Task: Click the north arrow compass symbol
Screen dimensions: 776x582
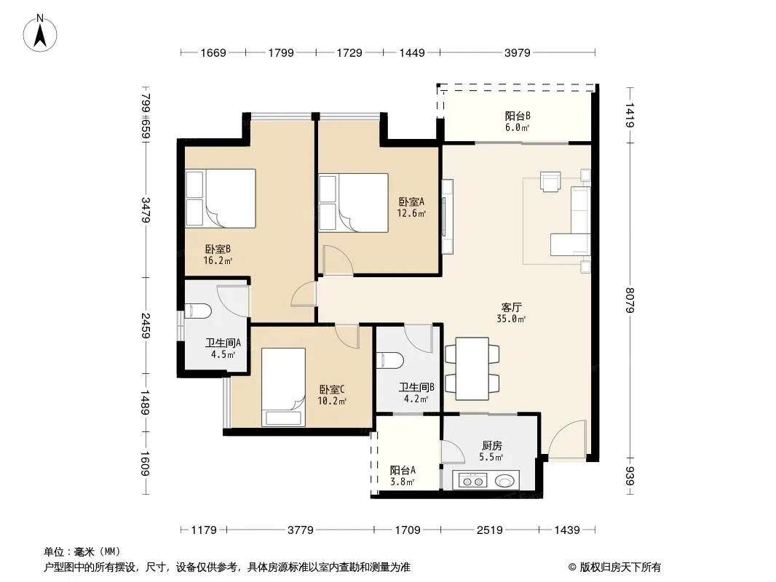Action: [x=40, y=33]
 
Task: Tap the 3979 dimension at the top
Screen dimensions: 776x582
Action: [x=517, y=52]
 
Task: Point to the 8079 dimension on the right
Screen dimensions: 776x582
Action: [x=630, y=300]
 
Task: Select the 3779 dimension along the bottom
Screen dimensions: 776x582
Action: [x=301, y=530]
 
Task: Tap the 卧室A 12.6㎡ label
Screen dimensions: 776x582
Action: [x=411, y=207]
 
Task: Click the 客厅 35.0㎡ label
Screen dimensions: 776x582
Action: [x=511, y=313]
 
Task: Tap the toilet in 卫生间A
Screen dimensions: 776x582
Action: [x=198, y=311]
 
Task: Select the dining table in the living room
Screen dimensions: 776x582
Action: [x=472, y=368]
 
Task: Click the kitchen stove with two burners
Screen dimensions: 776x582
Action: [x=472, y=481]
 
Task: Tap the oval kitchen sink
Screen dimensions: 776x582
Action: [x=504, y=480]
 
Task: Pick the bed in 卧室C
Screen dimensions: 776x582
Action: [x=283, y=387]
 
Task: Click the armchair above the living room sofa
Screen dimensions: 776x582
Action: [x=550, y=181]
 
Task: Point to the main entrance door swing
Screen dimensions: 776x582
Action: [x=567, y=438]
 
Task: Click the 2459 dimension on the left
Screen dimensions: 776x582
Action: [x=146, y=325]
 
